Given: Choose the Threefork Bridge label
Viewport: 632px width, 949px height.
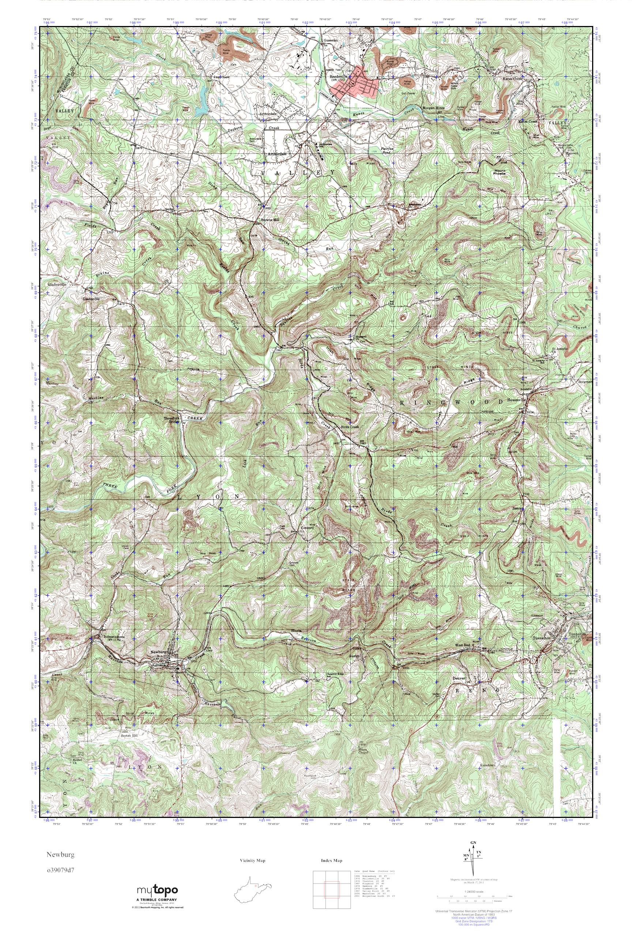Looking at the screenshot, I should coord(173,420).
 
